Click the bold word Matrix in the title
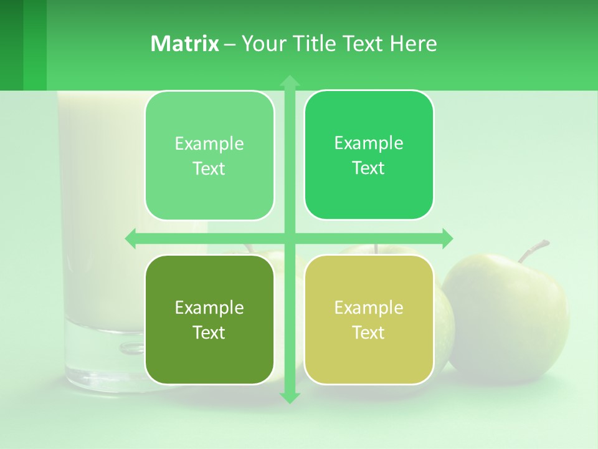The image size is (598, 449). point(185,44)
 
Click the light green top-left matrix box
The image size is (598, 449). point(209,155)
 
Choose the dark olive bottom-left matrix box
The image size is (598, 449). point(209,319)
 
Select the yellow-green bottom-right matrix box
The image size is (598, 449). point(369,319)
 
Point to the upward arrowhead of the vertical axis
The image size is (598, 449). point(290,80)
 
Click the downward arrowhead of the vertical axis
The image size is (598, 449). point(290,398)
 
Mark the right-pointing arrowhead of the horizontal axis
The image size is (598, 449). point(447,238)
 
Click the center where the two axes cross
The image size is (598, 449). point(290,238)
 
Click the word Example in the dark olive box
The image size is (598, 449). point(209,307)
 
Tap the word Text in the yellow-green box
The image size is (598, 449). point(369,332)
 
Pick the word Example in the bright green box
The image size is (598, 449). point(369,143)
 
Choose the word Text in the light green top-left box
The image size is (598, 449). point(209,168)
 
